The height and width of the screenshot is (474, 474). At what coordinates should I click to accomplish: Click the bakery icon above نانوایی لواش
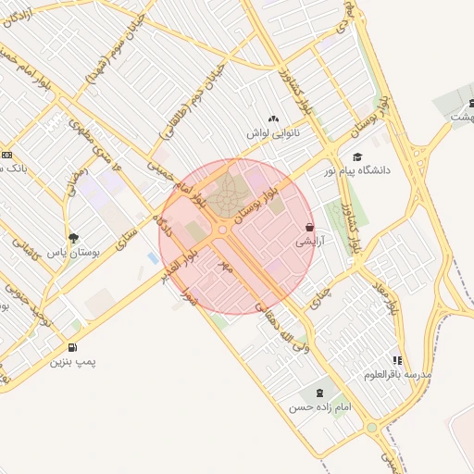272,118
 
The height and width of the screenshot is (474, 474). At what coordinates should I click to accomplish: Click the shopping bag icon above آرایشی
308,227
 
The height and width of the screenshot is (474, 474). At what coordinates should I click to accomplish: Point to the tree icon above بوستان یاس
73,238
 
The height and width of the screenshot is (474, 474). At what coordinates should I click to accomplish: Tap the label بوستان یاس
73,253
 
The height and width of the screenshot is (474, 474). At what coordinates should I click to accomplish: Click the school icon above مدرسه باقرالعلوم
397,360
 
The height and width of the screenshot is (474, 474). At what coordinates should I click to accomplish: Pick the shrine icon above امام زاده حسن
320,393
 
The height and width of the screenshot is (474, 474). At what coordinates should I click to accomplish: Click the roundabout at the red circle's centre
222,229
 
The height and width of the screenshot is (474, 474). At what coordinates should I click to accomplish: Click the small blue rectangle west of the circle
152,258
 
